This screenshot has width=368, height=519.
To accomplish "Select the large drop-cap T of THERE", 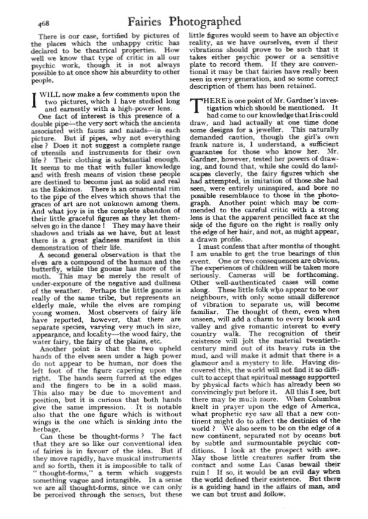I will pos(196,107).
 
